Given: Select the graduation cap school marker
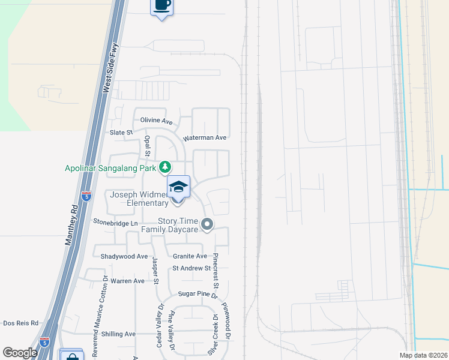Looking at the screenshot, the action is [x=178, y=187].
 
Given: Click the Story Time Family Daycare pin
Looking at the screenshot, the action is [x=207, y=225].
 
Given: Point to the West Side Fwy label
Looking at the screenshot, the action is [x=111, y=67].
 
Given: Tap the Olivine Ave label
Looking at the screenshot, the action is [x=156, y=120].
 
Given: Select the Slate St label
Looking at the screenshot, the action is [x=121, y=132].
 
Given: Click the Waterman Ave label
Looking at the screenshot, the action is [x=205, y=137].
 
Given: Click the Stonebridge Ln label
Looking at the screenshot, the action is [x=115, y=221].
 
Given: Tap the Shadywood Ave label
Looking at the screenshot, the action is [x=124, y=256].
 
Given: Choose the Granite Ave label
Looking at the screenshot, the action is [x=190, y=256].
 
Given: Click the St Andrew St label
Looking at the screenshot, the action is [x=191, y=268].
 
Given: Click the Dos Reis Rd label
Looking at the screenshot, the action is [x=20, y=323].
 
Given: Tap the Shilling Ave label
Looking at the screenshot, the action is [x=119, y=334].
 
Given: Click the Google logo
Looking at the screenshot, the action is [x=20, y=353].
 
